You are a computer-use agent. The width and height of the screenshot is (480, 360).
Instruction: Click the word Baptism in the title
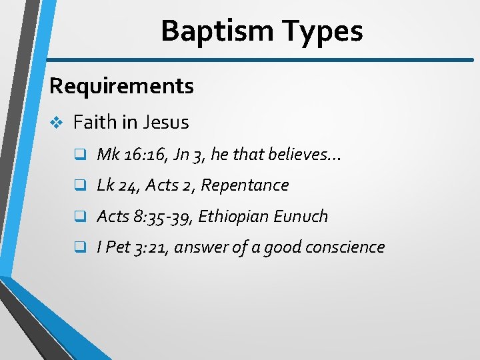pyautogui.click(x=217, y=31)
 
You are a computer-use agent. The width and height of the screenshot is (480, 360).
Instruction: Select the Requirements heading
pyautogui.click(x=121, y=86)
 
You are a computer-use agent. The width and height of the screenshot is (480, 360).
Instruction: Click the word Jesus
pyautogui.click(x=167, y=123)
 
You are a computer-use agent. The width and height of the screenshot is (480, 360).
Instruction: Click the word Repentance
pyautogui.click(x=254, y=185)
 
